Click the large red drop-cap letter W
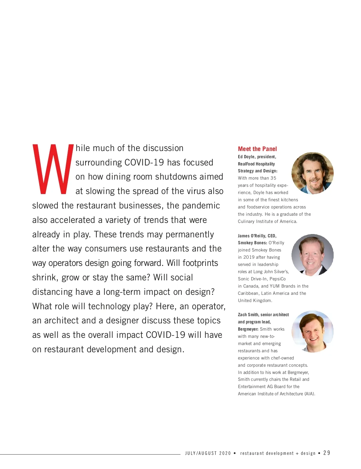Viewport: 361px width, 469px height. coord(53,169)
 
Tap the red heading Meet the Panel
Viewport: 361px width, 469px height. coord(257,149)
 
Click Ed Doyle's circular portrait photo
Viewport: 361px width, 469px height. coord(313,173)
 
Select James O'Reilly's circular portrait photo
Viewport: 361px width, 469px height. coord(313,255)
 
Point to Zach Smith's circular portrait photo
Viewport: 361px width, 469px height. coord(313,332)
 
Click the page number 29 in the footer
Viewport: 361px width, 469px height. coord(327,453)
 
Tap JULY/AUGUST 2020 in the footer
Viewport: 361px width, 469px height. coord(208,453)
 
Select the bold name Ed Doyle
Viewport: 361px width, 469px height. coord(246,157)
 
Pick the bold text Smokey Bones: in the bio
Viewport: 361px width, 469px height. coord(252,243)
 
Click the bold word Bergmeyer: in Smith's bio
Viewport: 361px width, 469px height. coord(248,329)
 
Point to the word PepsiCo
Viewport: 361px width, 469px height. coord(278,279)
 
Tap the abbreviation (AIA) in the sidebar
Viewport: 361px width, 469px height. coord(310,394)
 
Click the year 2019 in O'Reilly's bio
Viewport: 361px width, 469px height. coord(249,257)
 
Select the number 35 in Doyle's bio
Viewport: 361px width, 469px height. coord(273,178)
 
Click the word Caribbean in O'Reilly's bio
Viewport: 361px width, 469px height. coord(248,293)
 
